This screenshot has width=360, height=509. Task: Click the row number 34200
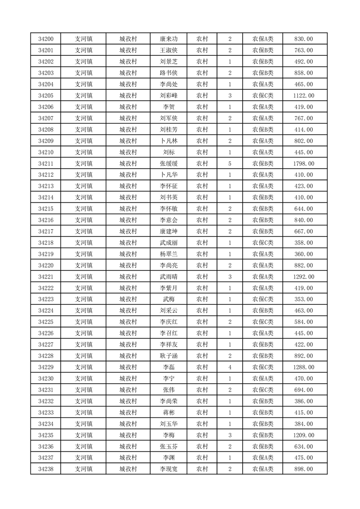pos(46,39)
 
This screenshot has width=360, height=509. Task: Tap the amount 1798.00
pos(304,164)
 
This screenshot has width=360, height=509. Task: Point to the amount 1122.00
pos(304,96)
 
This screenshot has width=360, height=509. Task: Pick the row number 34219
pos(46,254)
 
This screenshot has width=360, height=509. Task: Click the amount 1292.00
pos(304,277)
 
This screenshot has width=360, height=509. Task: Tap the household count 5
pos(230,164)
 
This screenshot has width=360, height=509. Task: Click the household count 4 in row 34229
pos(230,367)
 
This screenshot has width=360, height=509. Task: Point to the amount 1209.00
pos(304,435)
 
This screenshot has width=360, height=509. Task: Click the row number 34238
pos(46,469)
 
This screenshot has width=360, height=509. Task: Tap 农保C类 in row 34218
pos(263,243)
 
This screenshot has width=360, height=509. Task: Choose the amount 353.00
pos(304,299)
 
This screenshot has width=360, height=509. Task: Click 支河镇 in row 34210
pos(84,152)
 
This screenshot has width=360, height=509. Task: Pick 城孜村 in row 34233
pos(128,412)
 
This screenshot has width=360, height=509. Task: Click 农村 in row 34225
pos(202,322)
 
